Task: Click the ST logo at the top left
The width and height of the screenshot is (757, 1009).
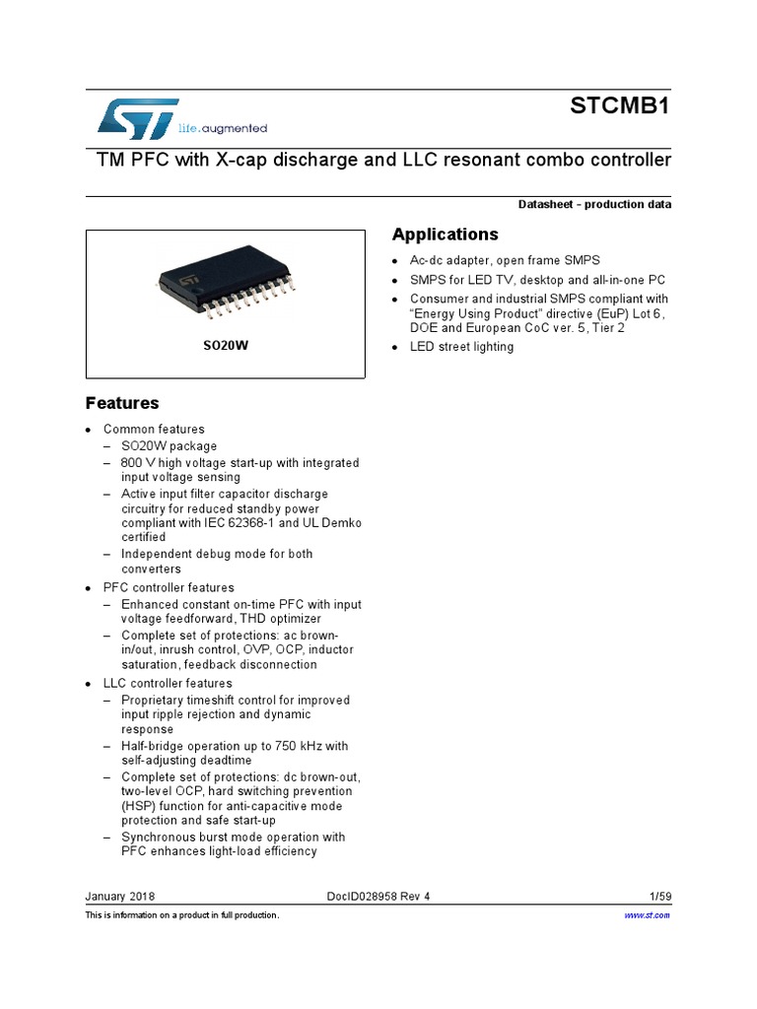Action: tap(138, 118)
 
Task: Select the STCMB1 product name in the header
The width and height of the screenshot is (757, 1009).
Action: tap(620, 107)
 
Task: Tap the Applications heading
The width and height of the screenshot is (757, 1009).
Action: tap(445, 235)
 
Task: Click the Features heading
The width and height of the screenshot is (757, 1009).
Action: tap(122, 403)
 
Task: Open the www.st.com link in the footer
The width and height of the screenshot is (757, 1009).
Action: tap(649, 915)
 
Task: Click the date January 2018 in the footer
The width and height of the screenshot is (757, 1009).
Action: tap(120, 897)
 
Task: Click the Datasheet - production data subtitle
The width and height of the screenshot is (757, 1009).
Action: tap(594, 205)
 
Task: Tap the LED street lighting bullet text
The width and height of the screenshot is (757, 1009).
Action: tap(461, 347)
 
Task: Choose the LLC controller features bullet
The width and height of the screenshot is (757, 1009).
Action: tap(168, 683)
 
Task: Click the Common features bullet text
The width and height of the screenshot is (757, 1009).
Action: tap(154, 430)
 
